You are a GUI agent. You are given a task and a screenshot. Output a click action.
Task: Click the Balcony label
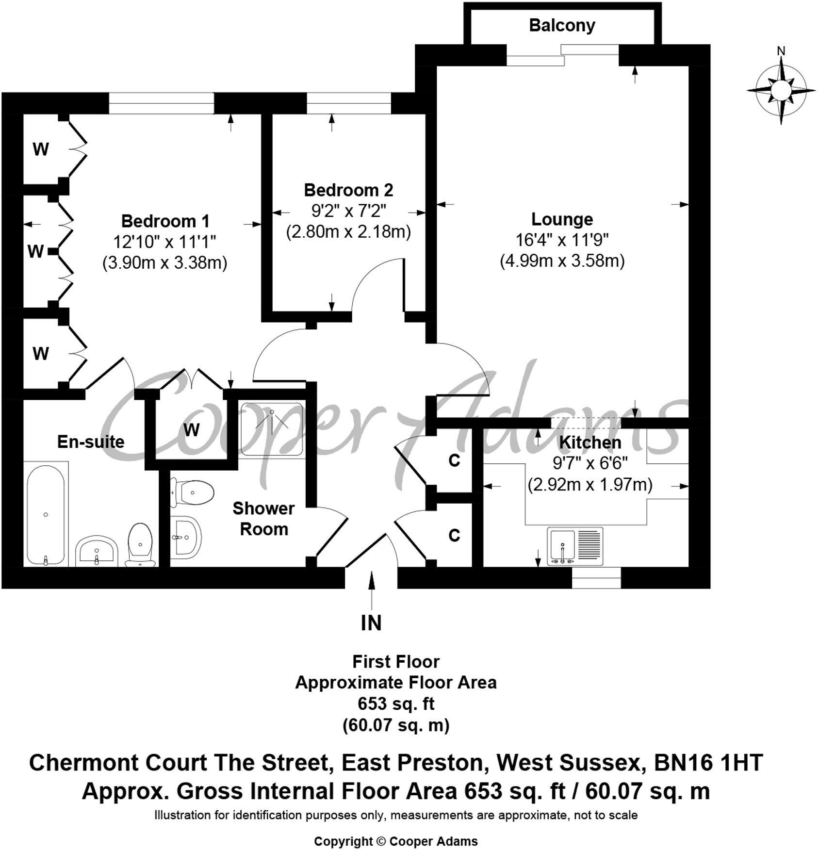tap(562, 25)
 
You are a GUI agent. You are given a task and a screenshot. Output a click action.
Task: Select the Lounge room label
tap(562, 219)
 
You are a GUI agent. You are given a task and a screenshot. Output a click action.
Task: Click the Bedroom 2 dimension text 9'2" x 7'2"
tap(348, 211)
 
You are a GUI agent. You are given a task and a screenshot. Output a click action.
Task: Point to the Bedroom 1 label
tap(165, 221)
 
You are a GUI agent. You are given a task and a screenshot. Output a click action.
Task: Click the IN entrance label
tap(371, 623)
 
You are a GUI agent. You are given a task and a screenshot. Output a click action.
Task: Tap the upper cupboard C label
tap(454, 460)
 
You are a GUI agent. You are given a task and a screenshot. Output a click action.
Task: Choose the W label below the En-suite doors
tap(192, 429)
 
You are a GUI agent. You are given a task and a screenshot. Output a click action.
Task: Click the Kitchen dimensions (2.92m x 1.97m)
tap(590, 485)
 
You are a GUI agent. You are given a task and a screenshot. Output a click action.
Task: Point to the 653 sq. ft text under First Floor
tap(396, 703)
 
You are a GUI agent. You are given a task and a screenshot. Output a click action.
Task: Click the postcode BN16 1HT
tap(708, 763)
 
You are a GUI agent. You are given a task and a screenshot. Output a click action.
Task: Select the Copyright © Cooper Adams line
tap(395, 841)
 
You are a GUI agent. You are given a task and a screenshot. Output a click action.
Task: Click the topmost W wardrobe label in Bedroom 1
tap(41, 149)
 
